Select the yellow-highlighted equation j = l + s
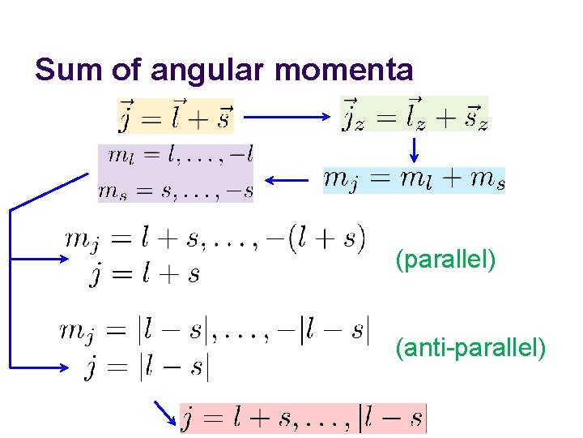coord(176,114)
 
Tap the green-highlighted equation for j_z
coord(413,114)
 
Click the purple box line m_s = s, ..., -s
coord(177,190)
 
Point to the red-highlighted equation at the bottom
coord(302,419)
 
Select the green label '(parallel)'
coord(445,260)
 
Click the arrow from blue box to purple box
coord(287,181)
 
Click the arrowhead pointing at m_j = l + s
coord(63,259)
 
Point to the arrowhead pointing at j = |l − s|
coord(63,367)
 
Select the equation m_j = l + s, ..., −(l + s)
coord(215,238)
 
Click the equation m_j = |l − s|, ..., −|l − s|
coord(215,331)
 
